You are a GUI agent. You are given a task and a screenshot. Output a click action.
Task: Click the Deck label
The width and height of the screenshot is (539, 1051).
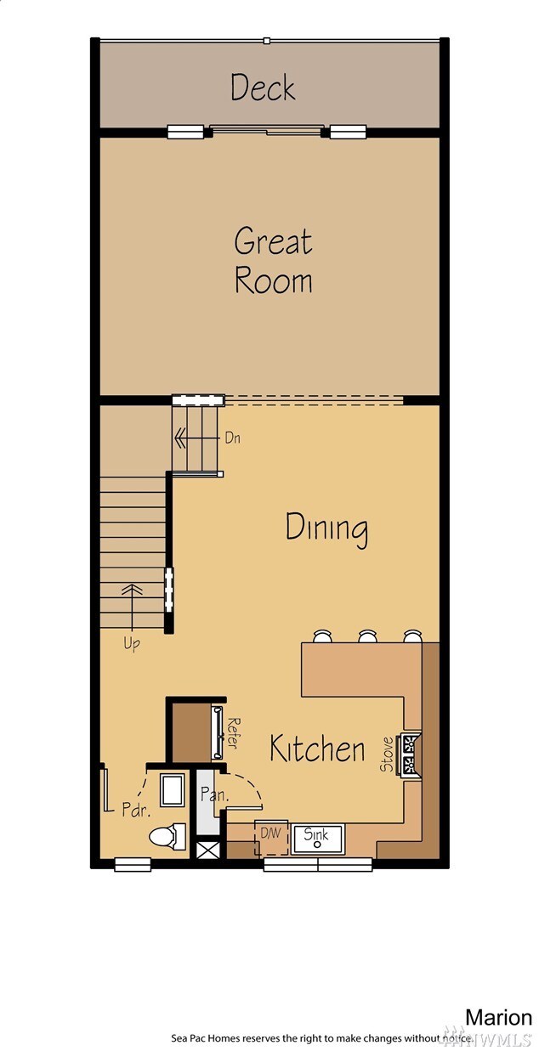pyautogui.click(x=264, y=88)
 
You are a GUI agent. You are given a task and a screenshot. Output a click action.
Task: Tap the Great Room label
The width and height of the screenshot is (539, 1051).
pyautogui.click(x=273, y=260)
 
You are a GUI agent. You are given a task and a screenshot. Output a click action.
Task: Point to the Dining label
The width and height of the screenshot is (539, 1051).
pyautogui.click(x=326, y=528)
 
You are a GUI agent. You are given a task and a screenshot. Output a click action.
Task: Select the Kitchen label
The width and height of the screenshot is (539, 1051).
pyautogui.click(x=317, y=749)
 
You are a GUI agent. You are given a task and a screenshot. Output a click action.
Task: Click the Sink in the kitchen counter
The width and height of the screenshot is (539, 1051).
pyautogui.click(x=317, y=836)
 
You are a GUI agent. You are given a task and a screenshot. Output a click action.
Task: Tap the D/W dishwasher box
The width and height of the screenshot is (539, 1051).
pyautogui.click(x=270, y=835)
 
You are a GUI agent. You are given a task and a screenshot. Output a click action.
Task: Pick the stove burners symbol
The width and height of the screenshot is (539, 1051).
pyautogui.click(x=411, y=753)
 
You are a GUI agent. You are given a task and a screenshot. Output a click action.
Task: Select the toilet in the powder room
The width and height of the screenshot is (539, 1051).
pyautogui.click(x=167, y=837)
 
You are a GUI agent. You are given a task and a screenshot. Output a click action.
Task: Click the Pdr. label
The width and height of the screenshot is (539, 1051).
pyautogui.click(x=135, y=809)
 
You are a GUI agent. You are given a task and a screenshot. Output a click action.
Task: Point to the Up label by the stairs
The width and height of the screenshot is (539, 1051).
pyautogui.click(x=132, y=643)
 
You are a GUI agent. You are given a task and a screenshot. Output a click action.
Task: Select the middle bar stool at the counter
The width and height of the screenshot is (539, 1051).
pyautogui.click(x=367, y=636)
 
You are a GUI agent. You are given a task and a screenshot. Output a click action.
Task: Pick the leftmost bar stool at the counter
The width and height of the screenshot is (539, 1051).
pyautogui.click(x=323, y=636)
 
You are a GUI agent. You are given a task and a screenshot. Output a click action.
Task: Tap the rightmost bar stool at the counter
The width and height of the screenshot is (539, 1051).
pyautogui.click(x=412, y=636)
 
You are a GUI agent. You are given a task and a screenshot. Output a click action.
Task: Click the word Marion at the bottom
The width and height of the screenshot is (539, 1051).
pyautogui.click(x=498, y=1017)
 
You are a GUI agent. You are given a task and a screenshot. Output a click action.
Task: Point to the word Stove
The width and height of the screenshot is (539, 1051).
pyautogui.click(x=387, y=754)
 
